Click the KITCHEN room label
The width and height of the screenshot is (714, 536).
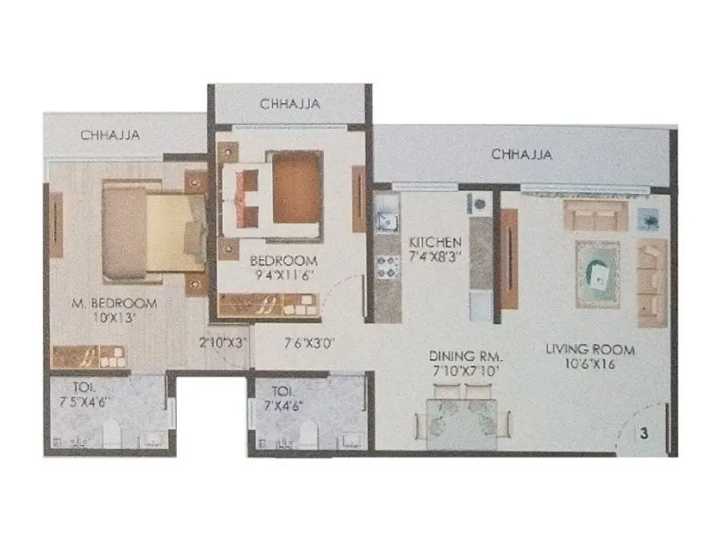pos(435,242)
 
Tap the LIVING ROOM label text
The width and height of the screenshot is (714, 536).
pos(590,348)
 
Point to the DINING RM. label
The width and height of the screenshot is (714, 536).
pos(460,354)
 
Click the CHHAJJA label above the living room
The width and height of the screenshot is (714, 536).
pos(521,155)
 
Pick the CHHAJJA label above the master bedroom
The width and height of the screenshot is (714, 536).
pos(111,136)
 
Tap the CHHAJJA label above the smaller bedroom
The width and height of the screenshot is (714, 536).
pos(290,105)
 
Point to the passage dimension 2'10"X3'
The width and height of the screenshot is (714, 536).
pos(223,341)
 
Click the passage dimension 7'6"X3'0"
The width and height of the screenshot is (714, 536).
pos(310,341)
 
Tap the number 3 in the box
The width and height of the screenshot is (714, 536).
pos(643,433)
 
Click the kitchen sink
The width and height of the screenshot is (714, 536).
pos(386,218)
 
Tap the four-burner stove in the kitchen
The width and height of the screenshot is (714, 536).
pos(387,264)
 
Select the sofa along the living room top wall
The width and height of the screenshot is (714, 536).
pos(594,215)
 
